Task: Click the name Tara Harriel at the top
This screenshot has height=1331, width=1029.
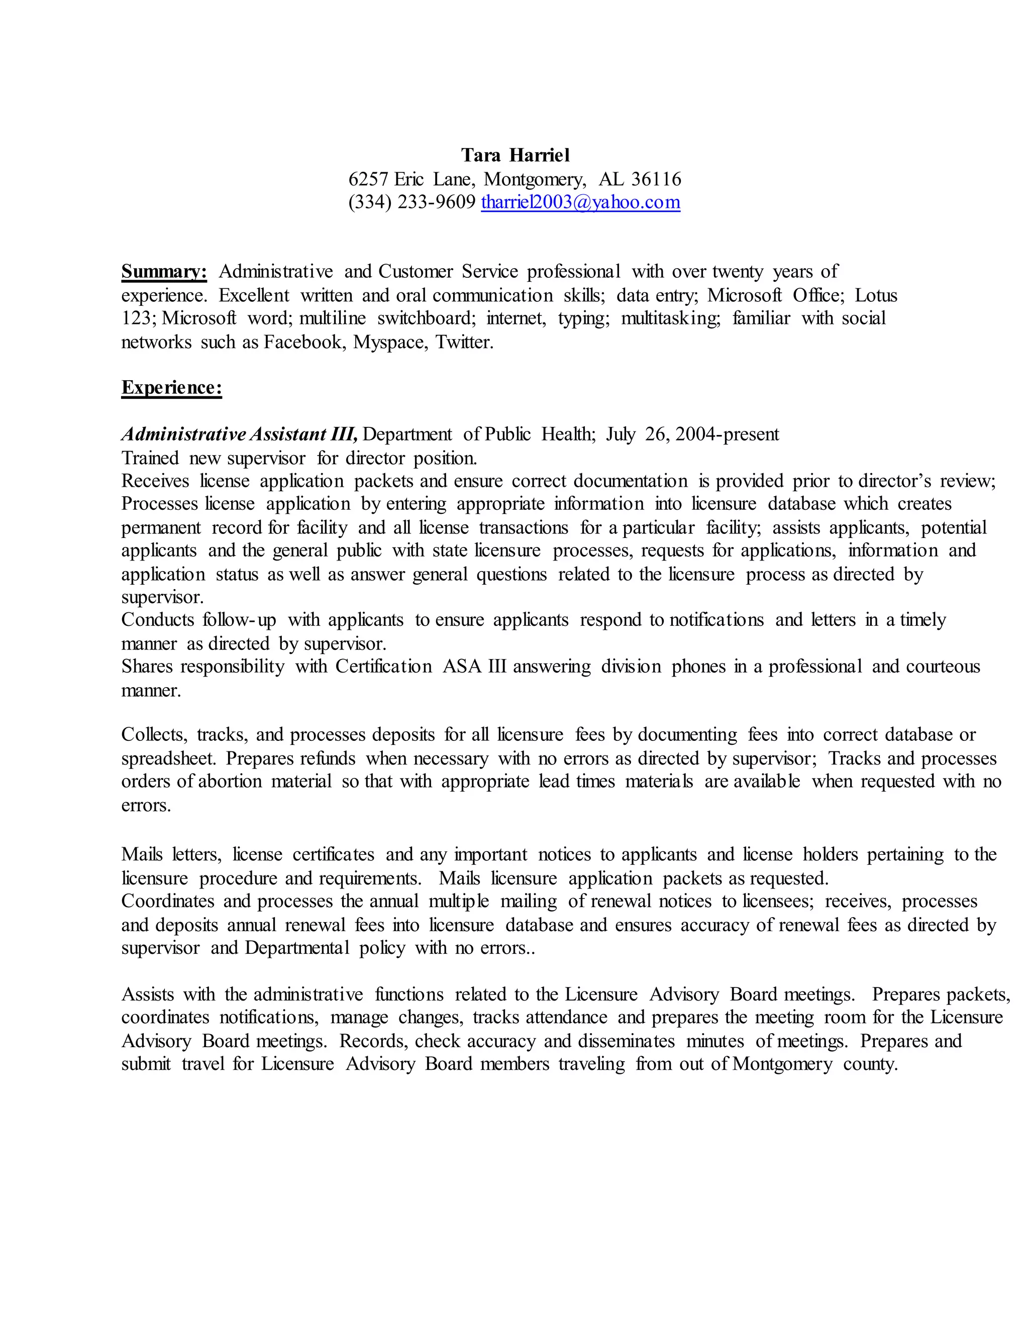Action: [x=515, y=155]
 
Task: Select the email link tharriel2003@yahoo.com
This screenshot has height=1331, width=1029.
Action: [x=580, y=202]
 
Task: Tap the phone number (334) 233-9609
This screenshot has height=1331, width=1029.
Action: [x=411, y=202]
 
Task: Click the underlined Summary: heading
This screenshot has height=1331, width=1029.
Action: [x=164, y=271]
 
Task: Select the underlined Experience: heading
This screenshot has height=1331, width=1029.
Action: [x=171, y=388]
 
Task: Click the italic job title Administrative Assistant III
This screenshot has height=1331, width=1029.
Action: [x=239, y=434]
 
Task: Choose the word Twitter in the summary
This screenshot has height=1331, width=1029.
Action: [x=463, y=342]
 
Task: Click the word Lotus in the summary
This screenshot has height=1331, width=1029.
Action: [x=875, y=295]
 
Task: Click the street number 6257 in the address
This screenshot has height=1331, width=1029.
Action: [x=368, y=179]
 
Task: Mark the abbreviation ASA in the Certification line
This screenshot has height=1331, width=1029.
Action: [x=463, y=666]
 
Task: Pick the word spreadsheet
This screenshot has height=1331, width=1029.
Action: [x=168, y=759]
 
